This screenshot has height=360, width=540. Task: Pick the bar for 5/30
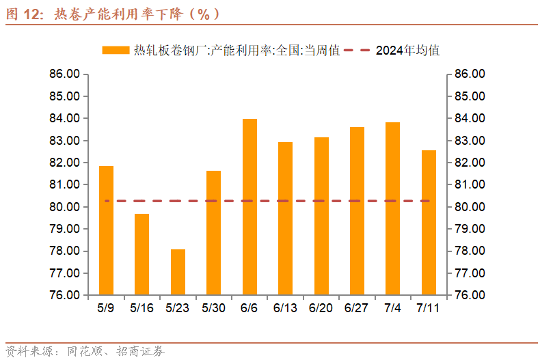pyautogui.click(x=213, y=233)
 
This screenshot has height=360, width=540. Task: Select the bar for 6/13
pyautogui.click(x=285, y=219)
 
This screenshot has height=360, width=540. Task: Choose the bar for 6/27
pyautogui.click(x=357, y=211)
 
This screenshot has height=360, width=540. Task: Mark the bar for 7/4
pyautogui.click(x=393, y=208)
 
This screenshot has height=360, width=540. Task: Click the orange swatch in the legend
pyautogui.click(x=116, y=51)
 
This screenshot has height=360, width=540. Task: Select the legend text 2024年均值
pyautogui.click(x=407, y=51)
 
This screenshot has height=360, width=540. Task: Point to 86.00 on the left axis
pyautogui.click(x=65, y=74)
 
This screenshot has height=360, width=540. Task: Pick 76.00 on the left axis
pyautogui.click(x=65, y=295)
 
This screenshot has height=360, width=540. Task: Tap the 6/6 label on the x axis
pyautogui.click(x=249, y=308)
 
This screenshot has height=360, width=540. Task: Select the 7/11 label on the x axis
pyautogui.click(x=429, y=308)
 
